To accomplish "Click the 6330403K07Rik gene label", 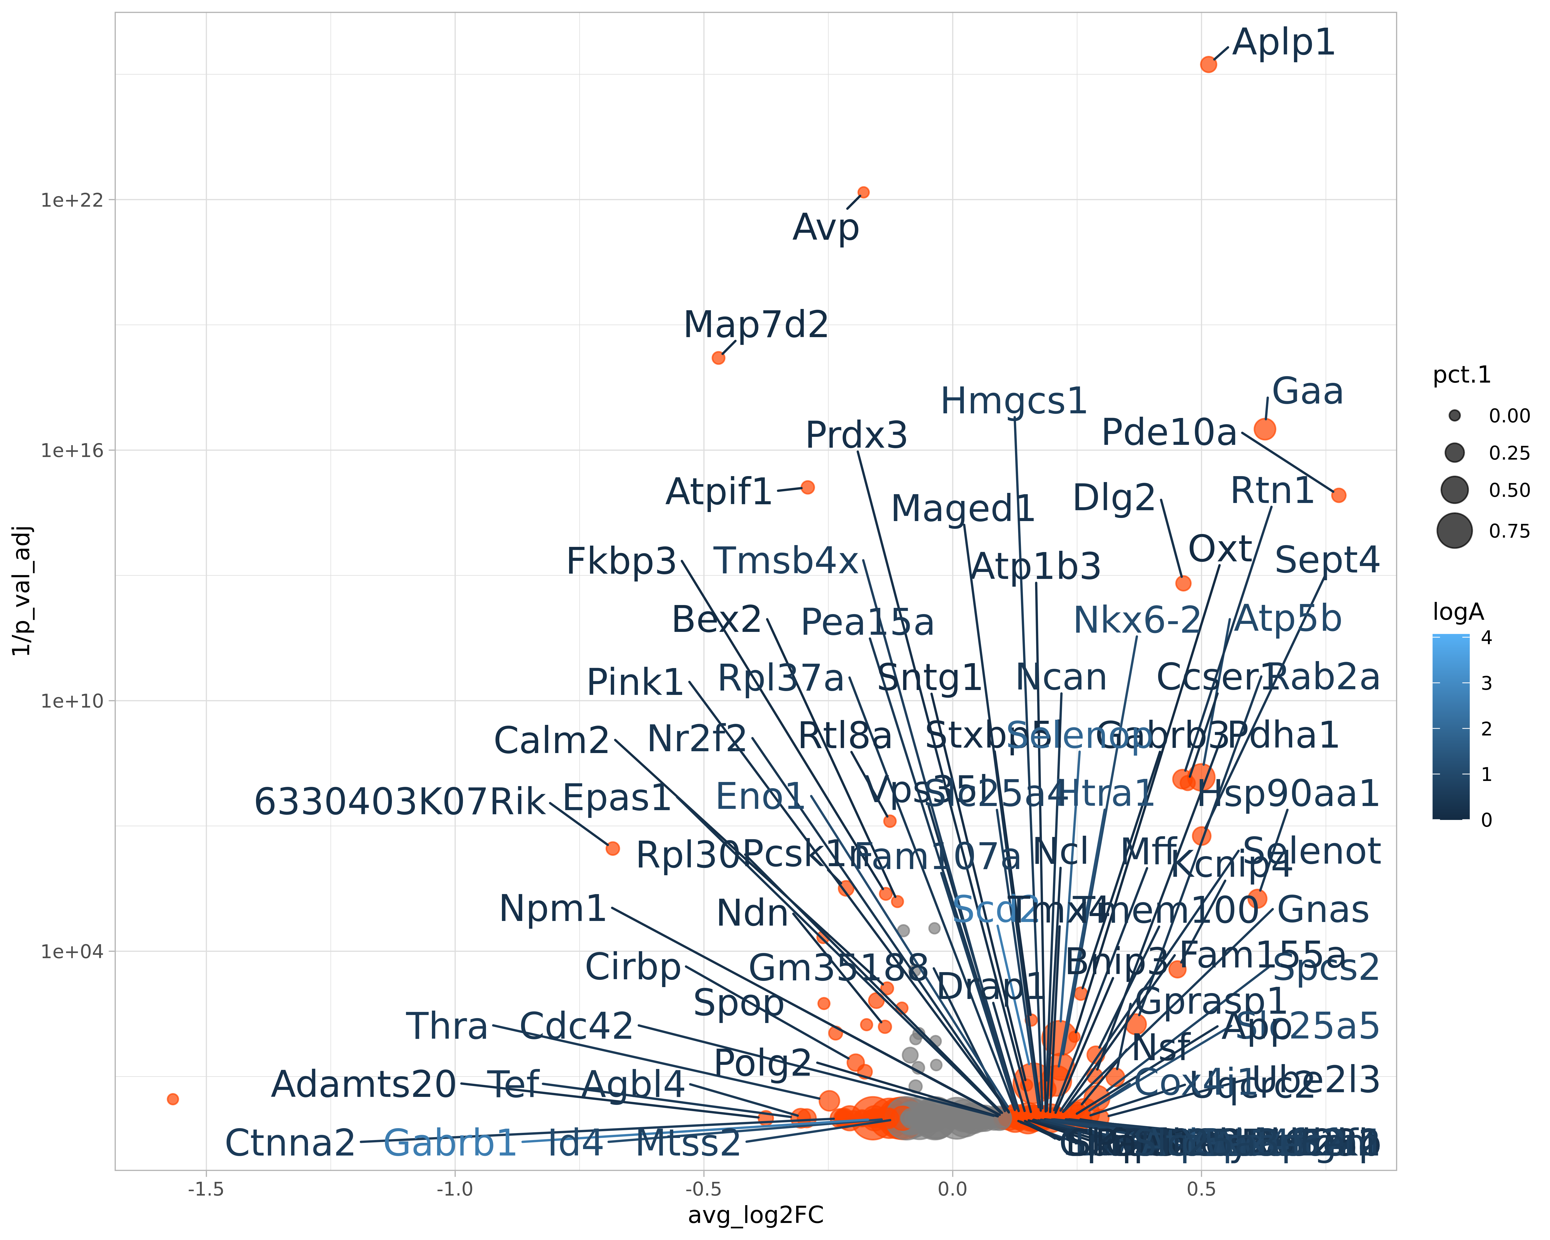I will pyautogui.click(x=400, y=802).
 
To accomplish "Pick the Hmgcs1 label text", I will pyautogui.click(x=1014, y=401).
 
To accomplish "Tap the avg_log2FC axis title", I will pyautogui.click(x=756, y=1215).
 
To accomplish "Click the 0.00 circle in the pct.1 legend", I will pyautogui.click(x=1454, y=415).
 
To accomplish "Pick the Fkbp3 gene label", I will pyautogui.click(x=621, y=561).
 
